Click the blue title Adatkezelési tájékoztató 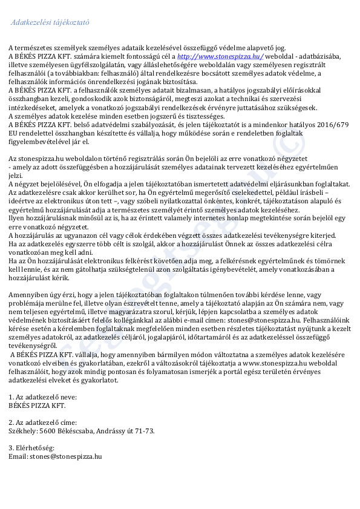pos(50,22)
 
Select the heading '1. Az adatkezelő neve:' pos(42,396)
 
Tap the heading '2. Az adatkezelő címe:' pos(42,422)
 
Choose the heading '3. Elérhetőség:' pos(31,447)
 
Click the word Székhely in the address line pos(22,431)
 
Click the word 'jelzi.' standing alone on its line pos(15,176)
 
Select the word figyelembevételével pos(39,142)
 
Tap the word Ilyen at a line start pos(16,218)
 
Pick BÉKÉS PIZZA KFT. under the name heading pos(36,405)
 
